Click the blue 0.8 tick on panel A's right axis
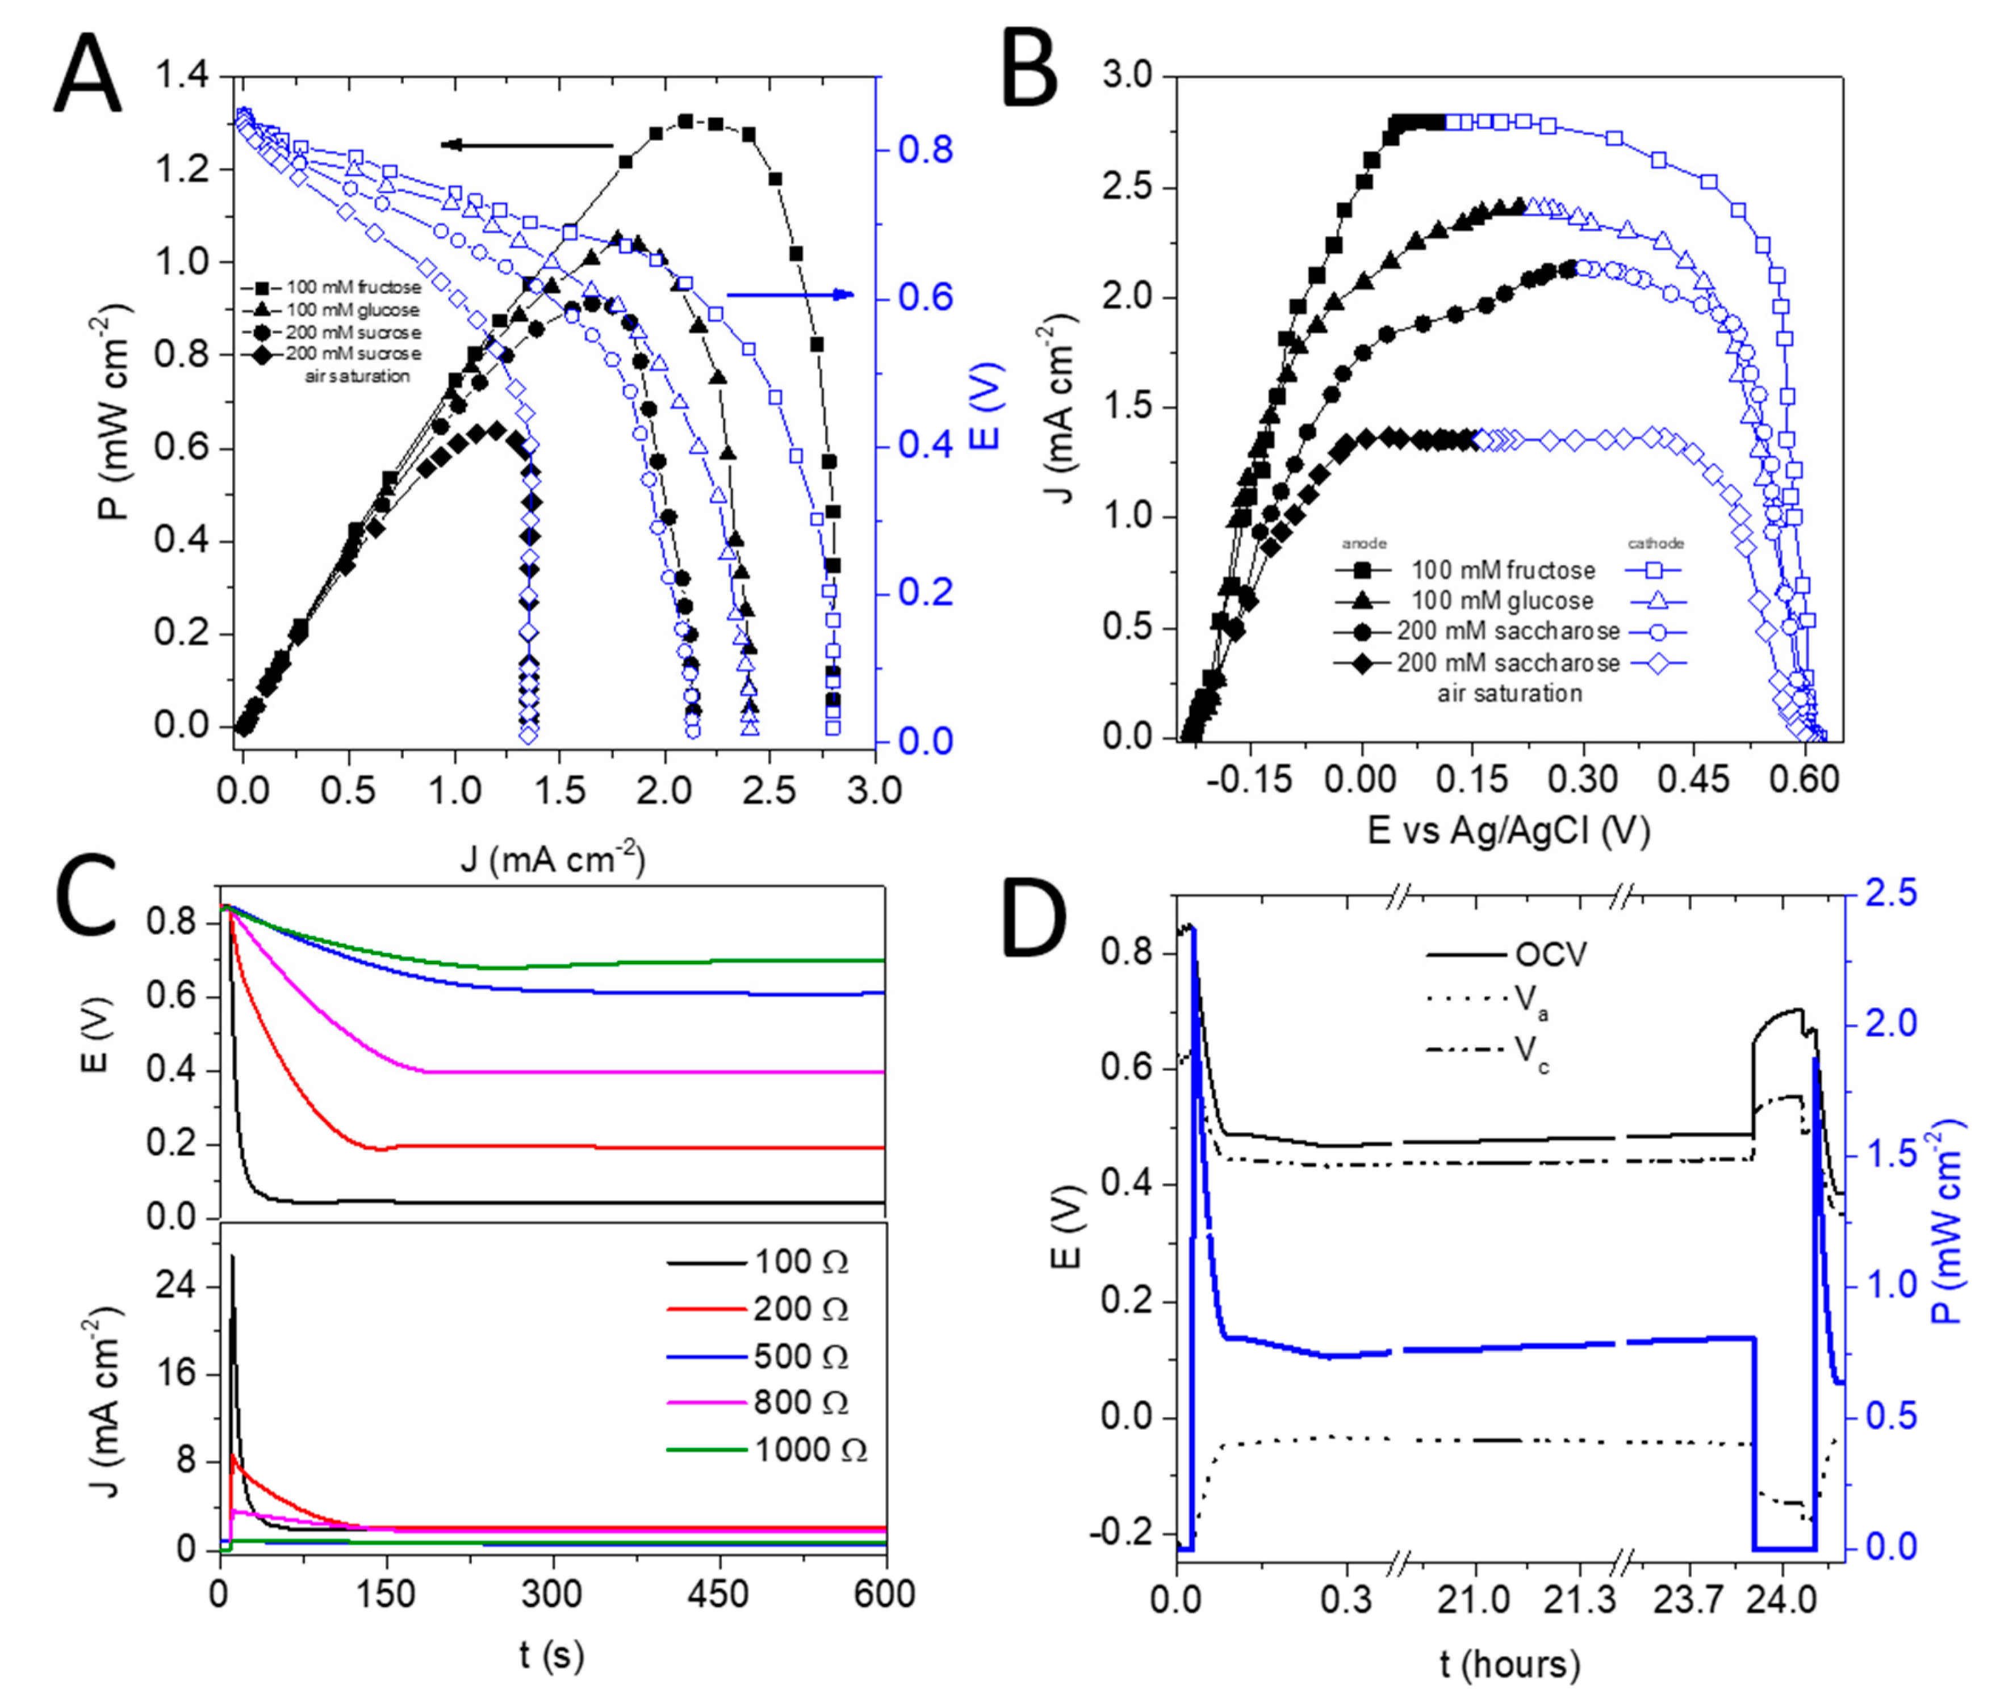[924, 150]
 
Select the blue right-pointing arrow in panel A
[789, 295]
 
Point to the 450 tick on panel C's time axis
[719, 1594]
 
